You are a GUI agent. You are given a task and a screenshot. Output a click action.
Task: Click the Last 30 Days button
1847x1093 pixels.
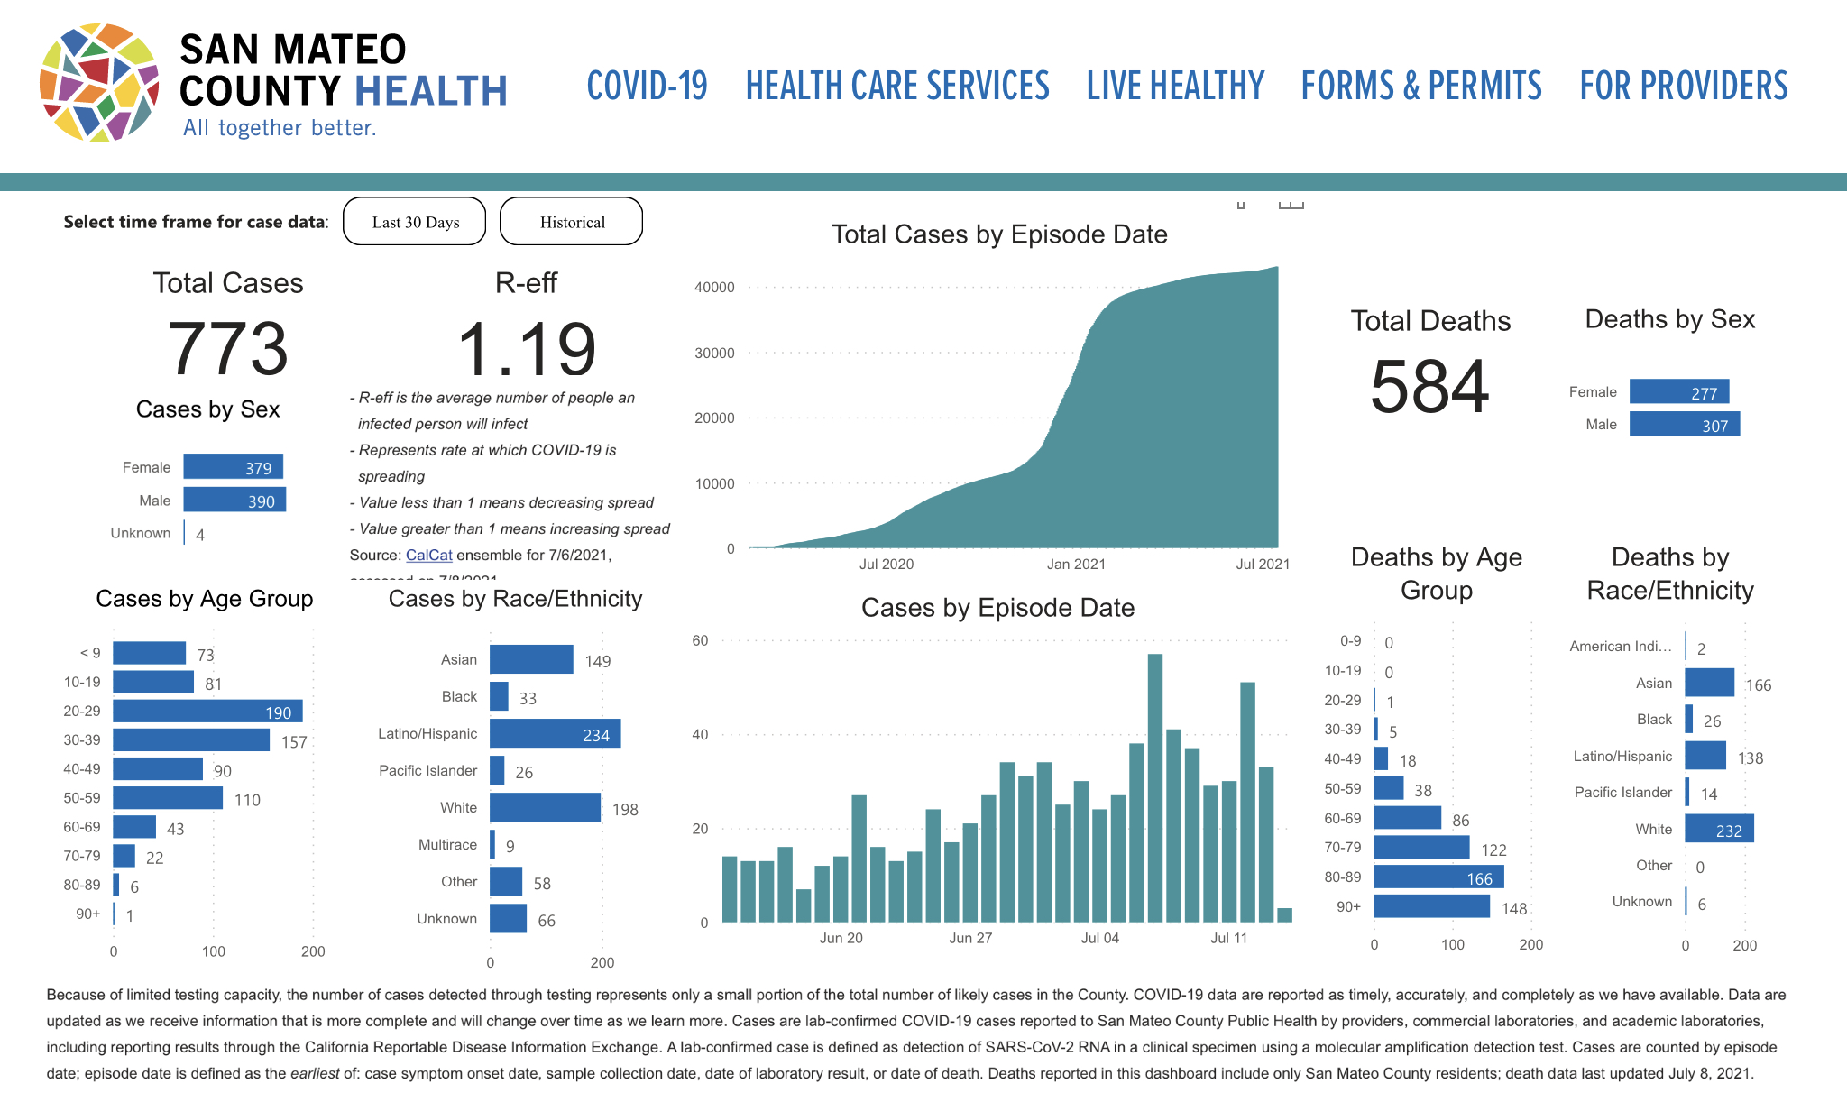(x=415, y=222)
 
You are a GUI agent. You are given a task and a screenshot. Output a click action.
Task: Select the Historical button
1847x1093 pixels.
(x=572, y=222)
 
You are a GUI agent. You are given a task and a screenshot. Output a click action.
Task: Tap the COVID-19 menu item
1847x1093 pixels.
(x=647, y=87)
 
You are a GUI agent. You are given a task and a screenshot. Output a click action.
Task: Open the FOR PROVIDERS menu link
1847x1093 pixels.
(x=1683, y=87)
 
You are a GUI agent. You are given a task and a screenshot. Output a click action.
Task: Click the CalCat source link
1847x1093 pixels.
(x=428, y=556)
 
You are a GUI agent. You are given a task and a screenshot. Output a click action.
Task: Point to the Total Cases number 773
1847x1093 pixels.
(x=228, y=349)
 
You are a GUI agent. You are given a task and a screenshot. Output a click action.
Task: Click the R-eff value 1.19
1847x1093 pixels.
(x=527, y=350)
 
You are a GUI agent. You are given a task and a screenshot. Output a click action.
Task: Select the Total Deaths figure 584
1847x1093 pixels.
(x=1429, y=387)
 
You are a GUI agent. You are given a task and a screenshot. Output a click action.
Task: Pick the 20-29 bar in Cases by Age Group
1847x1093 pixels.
(x=207, y=712)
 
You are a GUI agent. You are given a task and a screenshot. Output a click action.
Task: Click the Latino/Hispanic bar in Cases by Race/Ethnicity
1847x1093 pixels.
(x=555, y=734)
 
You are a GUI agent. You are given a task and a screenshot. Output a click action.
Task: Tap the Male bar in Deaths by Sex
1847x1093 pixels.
(x=1684, y=424)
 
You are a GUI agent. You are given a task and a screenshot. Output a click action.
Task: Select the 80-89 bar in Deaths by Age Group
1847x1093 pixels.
(x=1438, y=877)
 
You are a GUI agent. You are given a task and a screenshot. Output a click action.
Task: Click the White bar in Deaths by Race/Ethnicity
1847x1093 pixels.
(x=1719, y=829)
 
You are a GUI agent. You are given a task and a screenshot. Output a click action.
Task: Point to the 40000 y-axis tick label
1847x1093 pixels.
(x=714, y=288)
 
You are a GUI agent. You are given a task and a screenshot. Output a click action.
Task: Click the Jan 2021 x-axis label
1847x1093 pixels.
(x=1076, y=565)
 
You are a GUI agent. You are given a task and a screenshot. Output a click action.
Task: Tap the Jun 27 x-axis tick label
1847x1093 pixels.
(x=970, y=939)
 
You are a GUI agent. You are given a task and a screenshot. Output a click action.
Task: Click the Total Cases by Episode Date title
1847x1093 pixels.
(x=999, y=234)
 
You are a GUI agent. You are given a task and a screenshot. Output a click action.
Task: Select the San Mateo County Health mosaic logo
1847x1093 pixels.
(x=100, y=83)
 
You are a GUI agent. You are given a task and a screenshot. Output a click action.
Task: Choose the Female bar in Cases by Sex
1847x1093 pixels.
(x=234, y=467)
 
